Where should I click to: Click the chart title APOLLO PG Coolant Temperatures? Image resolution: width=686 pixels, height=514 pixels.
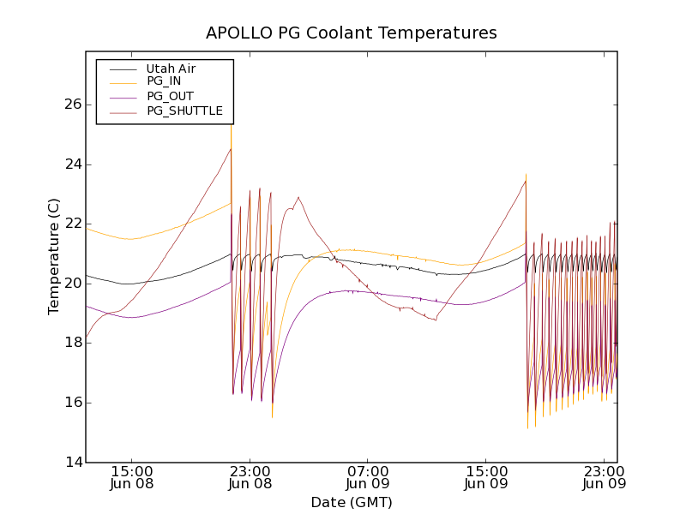351,33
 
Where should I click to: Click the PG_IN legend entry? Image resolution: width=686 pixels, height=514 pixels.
164,81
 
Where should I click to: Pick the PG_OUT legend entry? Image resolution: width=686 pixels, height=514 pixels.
170,96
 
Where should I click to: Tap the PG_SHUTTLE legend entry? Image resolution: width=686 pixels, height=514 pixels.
184,111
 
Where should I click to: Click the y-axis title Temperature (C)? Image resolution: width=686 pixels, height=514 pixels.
54,256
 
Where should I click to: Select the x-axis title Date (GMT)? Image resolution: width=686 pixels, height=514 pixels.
351,502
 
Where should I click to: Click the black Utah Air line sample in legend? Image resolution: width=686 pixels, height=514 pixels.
120,69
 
